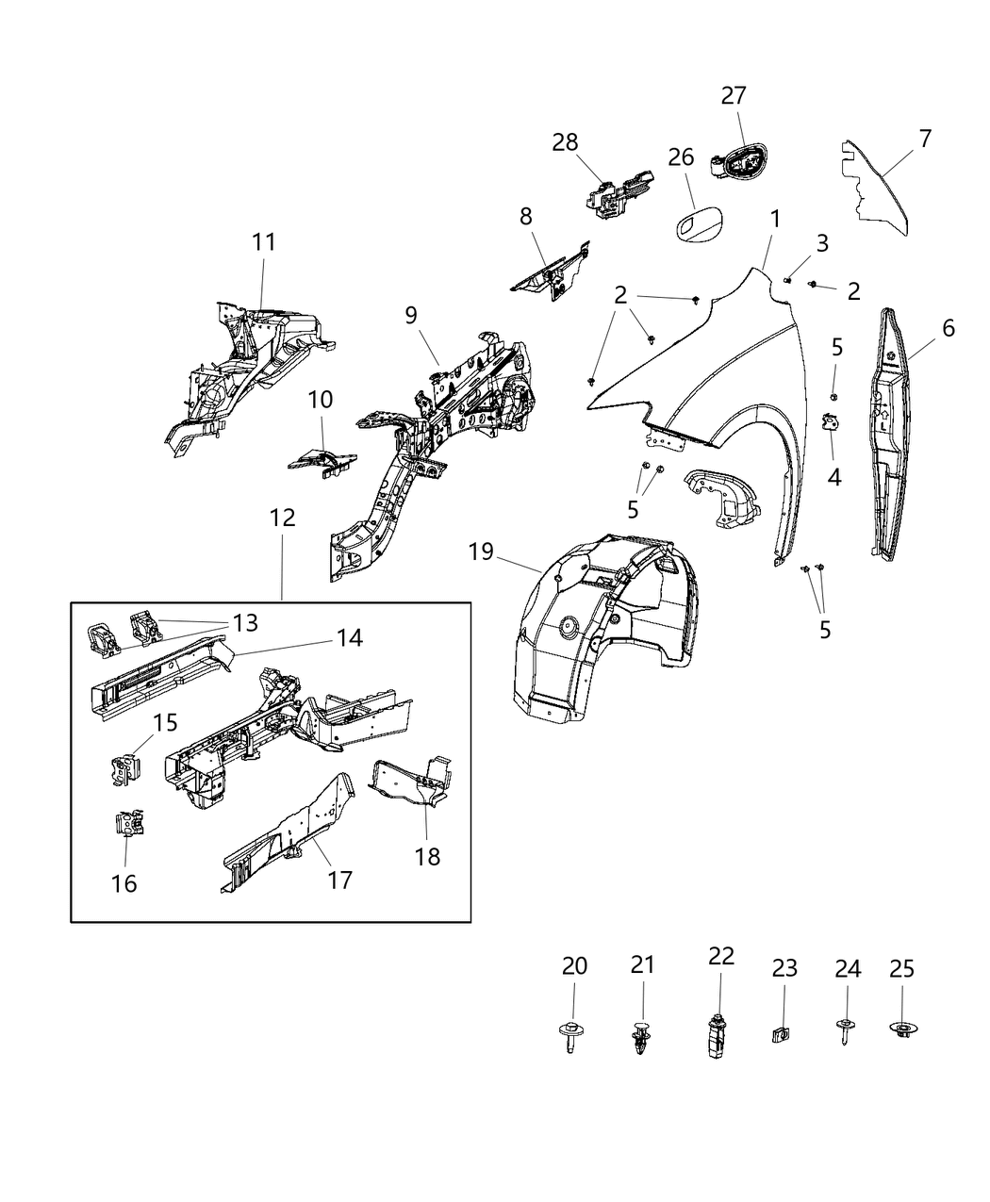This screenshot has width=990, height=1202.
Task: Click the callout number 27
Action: [734, 95]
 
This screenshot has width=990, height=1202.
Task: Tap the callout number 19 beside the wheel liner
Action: [481, 552]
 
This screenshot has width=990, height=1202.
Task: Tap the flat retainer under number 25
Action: [902, 1030]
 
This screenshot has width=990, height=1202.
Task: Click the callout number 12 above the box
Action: [282, 518]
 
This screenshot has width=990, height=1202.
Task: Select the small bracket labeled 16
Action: [129, 823]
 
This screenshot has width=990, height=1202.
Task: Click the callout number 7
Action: [925, 139]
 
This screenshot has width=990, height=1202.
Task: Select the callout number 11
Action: [264, 242]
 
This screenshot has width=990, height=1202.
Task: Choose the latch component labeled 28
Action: [618, 191]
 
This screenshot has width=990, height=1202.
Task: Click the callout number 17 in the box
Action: [339, 880]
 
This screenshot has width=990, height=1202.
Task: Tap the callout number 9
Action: [411, 316]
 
